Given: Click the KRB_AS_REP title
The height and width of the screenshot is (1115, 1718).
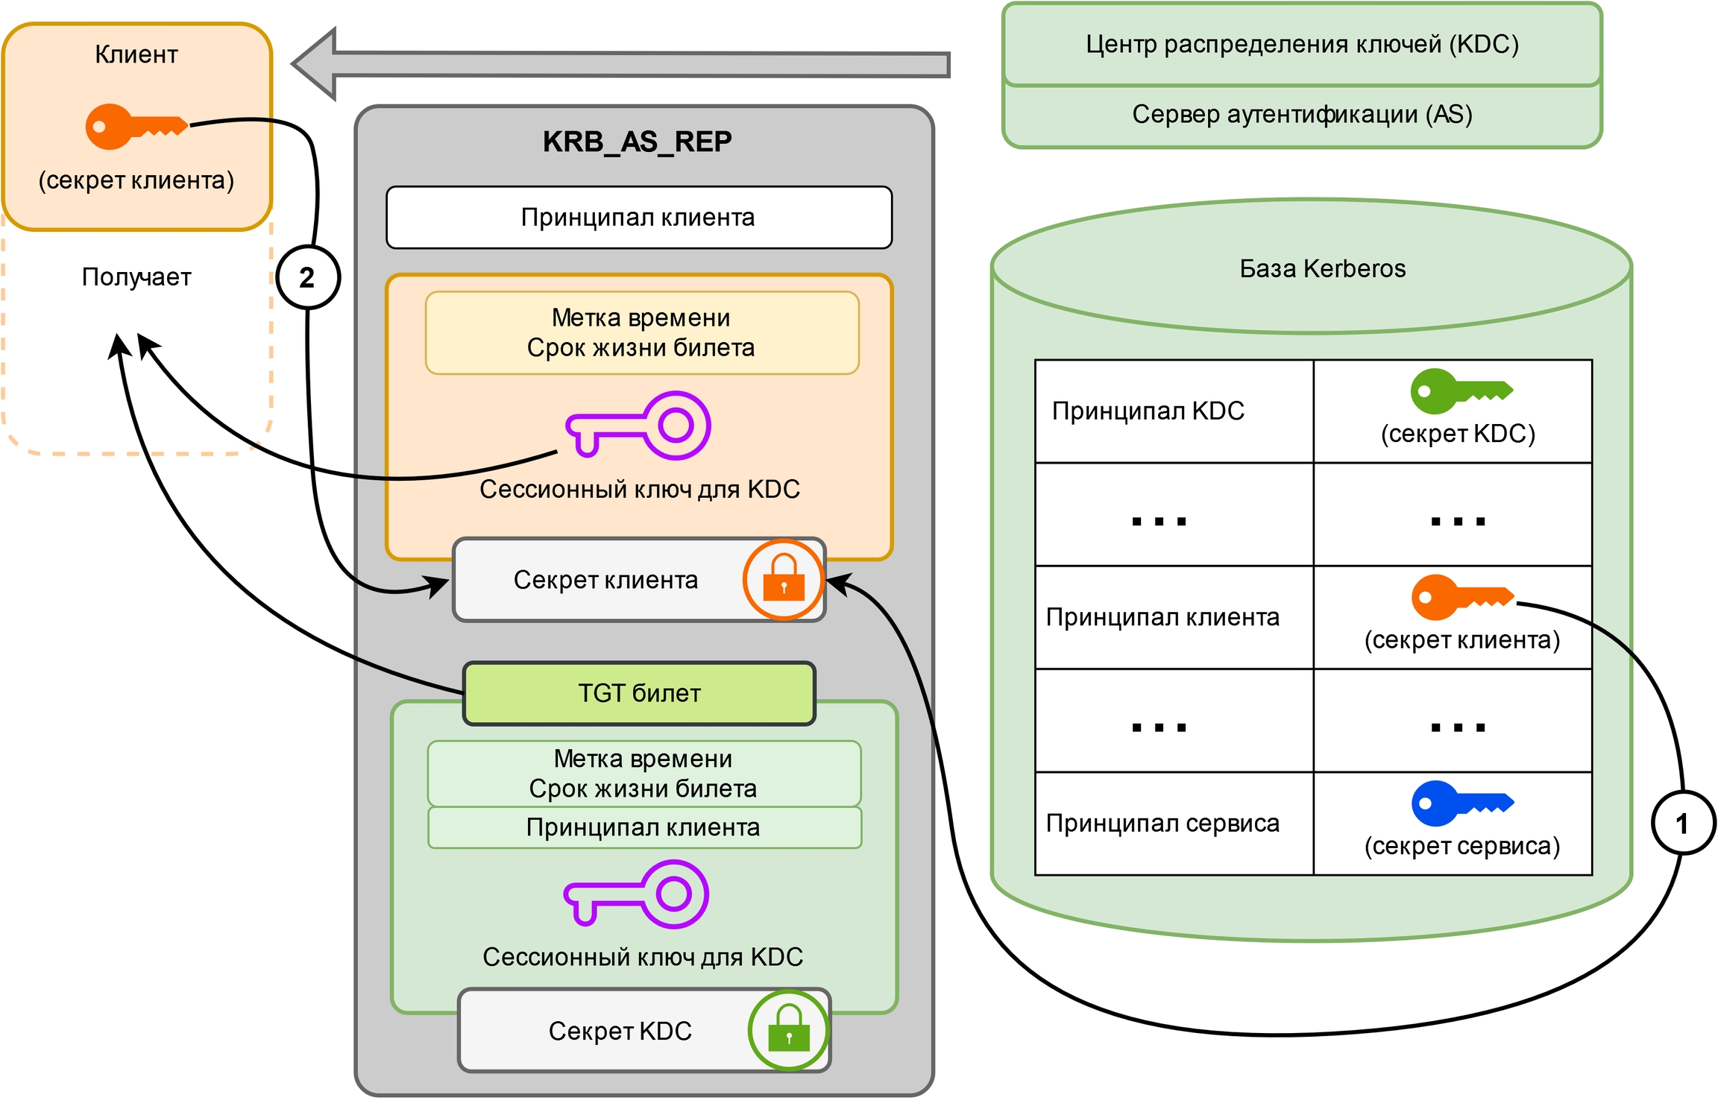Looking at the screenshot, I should click(x=637, y=142).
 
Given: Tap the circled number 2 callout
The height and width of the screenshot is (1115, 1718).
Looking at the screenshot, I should click(x=308, y=277).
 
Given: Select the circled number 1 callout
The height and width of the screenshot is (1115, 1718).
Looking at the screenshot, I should click(x=1683, y=823).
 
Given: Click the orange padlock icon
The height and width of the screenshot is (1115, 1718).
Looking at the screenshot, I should click(x=783, y=580).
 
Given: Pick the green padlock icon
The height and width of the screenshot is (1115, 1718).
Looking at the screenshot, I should click(x=788, y=1030).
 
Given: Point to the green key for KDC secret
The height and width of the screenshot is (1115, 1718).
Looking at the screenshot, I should click(x=1459, y=391).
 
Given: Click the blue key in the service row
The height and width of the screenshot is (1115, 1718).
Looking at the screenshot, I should click(x=1461, y=803).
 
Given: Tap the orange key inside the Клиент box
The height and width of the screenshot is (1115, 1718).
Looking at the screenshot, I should click(x=134, y=126).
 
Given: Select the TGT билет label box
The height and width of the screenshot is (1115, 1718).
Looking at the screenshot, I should click(x=639, y=693).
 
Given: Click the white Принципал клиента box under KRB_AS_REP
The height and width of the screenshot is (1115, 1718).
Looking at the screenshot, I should click(x=638, y=218).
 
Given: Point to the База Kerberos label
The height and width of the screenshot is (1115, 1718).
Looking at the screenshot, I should click(x=1322, y=268).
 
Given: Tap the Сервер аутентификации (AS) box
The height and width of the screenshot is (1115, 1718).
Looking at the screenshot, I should click(x=1301, y=116).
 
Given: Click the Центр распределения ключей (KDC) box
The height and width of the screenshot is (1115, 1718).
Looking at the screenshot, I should click(x=1301, y=45).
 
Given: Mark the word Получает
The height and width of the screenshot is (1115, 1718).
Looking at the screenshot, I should click(x=136, y=277).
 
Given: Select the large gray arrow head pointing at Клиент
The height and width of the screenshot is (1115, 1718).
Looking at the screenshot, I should click(x=317, y=64).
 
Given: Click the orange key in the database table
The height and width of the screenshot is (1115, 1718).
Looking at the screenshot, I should click(x=1461, y=596).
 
